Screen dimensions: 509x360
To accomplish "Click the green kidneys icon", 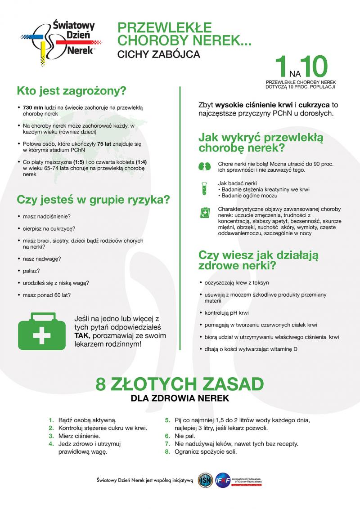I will (205, 166).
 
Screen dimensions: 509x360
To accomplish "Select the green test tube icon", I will (205, 188).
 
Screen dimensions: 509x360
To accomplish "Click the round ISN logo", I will (205, 480).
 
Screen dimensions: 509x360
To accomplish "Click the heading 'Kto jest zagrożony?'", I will (71, 91).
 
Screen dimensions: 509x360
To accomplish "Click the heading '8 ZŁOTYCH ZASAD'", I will (180, 385).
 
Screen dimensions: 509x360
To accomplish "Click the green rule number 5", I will (166, 420).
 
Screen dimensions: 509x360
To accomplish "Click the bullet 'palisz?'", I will (31, 271).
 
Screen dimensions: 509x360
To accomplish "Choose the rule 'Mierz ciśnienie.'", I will (79, 436).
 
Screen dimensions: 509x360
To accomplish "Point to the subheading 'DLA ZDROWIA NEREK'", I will (180, 398).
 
